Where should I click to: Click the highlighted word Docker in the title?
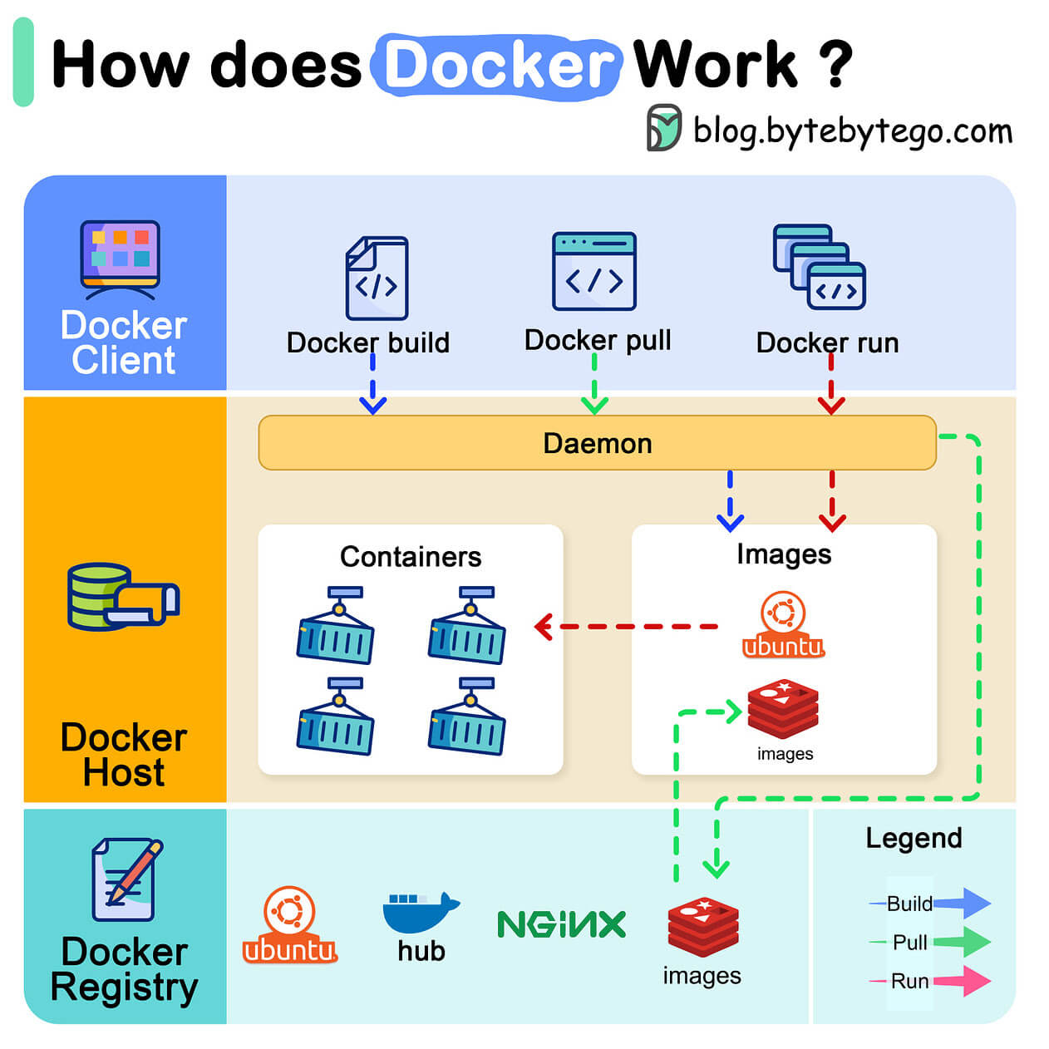click(497, 65)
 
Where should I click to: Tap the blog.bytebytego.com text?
click(852, 131)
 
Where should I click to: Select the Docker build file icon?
click(377, 278)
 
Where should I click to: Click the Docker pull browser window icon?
click(594, 272)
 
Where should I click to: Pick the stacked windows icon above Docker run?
click(820, 267)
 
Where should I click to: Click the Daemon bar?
click(597, 443)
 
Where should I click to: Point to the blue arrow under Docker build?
click(372, 387)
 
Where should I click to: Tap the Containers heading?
click(411, 556)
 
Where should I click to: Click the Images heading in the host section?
click(783, 554)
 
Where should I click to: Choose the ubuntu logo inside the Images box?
click(783, 625)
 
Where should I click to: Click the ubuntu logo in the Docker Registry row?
click(289, 924)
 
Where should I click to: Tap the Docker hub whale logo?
click(421, 913)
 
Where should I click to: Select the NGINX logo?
click(561, 924)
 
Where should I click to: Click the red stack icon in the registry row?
click(703, 927)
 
